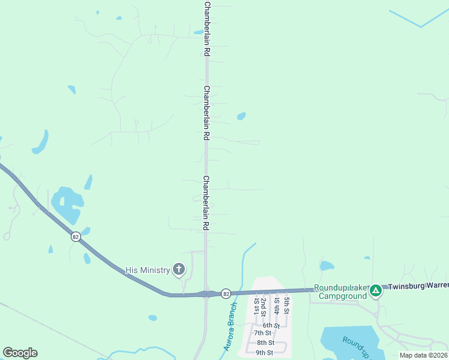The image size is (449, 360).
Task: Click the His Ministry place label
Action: click(x=148, y=270)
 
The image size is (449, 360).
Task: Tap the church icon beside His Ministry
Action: click(x=179, y=269)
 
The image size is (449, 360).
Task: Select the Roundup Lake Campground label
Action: click(x=342, y=292)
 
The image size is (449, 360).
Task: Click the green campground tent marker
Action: click(x=376, y=291)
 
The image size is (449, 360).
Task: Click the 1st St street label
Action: click(x=257, y=306)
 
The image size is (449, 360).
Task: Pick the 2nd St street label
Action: click(x=264, y=306)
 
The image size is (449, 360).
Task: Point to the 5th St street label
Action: click(x=288, y=305)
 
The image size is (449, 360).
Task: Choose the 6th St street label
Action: click(x=271, y=325)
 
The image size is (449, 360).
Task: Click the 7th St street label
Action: click(x=262, y=333)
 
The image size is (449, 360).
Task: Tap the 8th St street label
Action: click(x=266, y=343)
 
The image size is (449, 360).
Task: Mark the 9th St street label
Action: click(x=264, y=352)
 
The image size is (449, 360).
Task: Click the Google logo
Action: click(x=20, y=353)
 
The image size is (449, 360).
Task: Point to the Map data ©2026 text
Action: click(x=424, y=355)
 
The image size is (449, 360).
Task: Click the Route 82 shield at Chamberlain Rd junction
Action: click(x=225, y=293)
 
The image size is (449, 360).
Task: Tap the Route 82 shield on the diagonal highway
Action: click(x=74, y=236)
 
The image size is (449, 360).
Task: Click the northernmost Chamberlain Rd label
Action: click(x=206, y=29)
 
